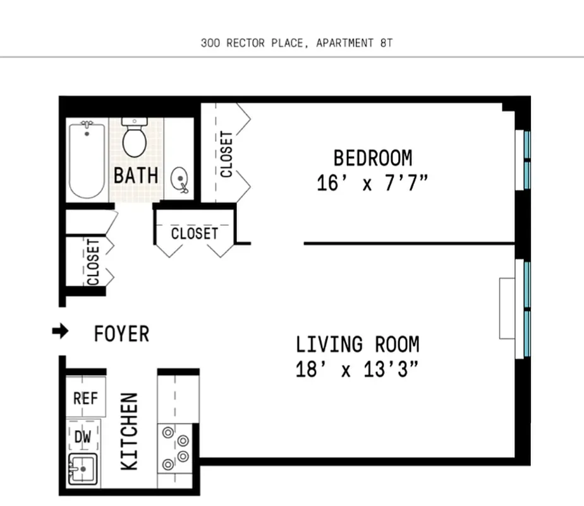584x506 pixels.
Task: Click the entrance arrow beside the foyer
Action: tap(60, 332)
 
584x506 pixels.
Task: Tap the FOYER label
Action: tap(121, 333)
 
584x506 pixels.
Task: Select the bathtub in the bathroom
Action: tap(87, 161)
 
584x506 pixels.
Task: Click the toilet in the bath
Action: tap(134, 138)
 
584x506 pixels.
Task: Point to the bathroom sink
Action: tap(180, 179)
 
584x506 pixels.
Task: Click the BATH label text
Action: tap(135, 175)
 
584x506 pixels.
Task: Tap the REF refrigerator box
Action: tap(85, 398)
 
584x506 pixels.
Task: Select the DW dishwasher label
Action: tap(83, 436)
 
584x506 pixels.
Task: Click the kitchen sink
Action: tap(82, 470)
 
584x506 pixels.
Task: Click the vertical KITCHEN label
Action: tap(130, 431)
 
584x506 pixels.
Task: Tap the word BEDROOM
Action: tap(372, 157)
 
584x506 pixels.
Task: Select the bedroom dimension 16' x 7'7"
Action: tap(372, 183)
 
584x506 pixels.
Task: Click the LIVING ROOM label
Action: tap(357, 345)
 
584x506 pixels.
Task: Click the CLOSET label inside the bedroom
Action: tap(226, 154)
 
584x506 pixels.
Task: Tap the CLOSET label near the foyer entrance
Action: tap(93, 261)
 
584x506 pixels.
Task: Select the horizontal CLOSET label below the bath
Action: tap(194, 233)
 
